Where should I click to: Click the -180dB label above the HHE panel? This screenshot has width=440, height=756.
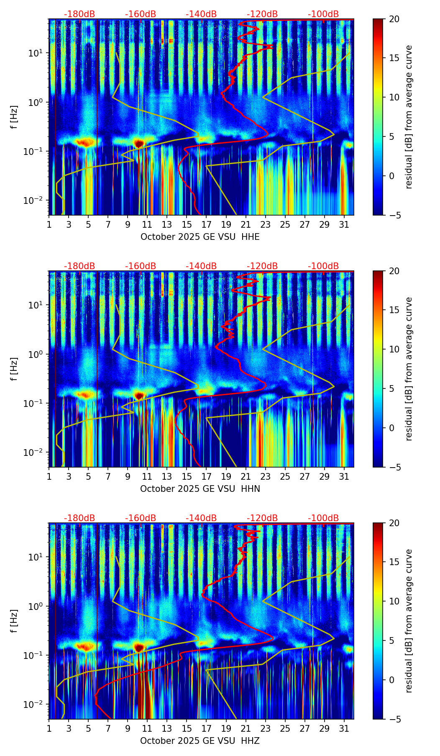[x=79, y=14]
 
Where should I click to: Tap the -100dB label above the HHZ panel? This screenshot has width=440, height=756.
[x=323, y=518]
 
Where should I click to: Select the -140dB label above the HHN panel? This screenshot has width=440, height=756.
[x=201, y=266]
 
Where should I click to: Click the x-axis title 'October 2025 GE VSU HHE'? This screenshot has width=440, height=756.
[x=200, y=237]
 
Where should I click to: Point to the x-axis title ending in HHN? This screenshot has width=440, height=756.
[x=200, y=489]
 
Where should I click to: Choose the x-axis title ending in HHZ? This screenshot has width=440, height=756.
[x=200, y=741]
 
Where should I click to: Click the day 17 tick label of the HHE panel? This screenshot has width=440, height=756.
[x=207, y=224]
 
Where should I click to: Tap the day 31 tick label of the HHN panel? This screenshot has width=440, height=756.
[x=344, y=476]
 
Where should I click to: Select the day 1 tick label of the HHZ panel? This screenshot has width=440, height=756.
[x=49, y=728]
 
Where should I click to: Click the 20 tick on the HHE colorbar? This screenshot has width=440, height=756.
[x=394, y=19]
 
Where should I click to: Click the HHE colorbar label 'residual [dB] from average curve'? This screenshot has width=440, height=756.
[x=409, y=117]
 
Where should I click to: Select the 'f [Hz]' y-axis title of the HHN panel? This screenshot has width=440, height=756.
[x=14, y=369]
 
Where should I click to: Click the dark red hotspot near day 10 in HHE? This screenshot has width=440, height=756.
[x=139, y=144]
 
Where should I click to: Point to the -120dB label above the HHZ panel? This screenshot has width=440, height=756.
[x=262, y=518]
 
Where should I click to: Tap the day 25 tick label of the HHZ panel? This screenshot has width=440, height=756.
[x=285, y=728]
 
